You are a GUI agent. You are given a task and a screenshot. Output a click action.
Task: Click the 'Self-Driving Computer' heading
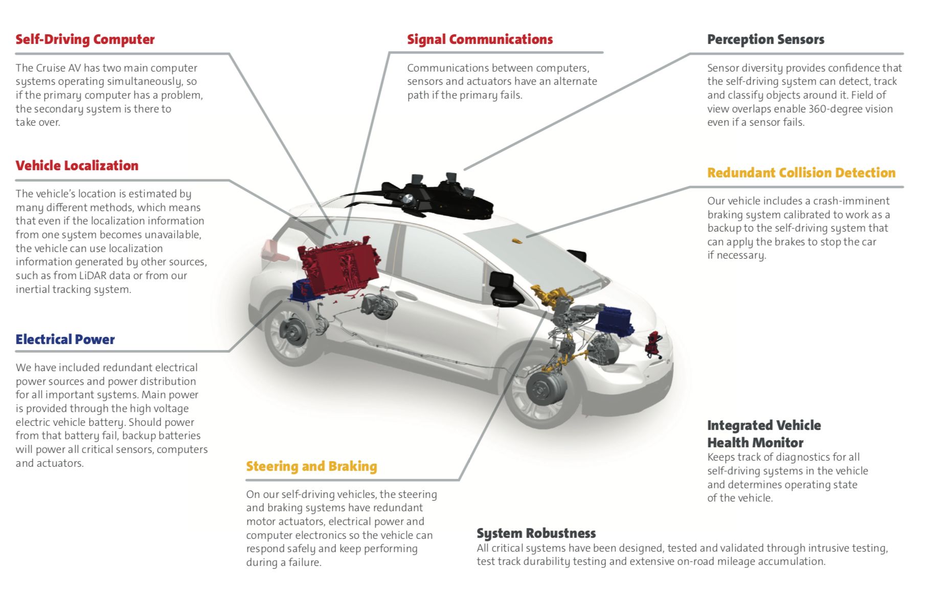pos(85,39)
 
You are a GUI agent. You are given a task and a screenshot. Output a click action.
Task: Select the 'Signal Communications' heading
pos(480,39)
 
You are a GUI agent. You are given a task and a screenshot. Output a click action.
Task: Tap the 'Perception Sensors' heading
pos(765,39)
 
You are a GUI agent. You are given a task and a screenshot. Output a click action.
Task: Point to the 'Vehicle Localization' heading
pos(77,166)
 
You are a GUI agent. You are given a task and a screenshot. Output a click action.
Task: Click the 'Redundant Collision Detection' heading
pos(801,173)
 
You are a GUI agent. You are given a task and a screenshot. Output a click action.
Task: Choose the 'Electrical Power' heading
pos(65,339)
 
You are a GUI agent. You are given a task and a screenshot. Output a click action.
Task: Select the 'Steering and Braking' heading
pos(311,466)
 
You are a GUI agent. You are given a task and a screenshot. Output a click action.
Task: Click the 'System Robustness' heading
pos(536,533)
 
